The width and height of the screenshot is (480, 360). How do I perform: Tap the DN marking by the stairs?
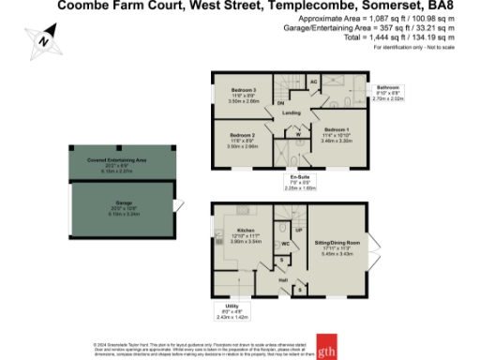280,103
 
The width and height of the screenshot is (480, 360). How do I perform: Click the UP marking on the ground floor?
299,230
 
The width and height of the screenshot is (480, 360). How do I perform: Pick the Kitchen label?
246,229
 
